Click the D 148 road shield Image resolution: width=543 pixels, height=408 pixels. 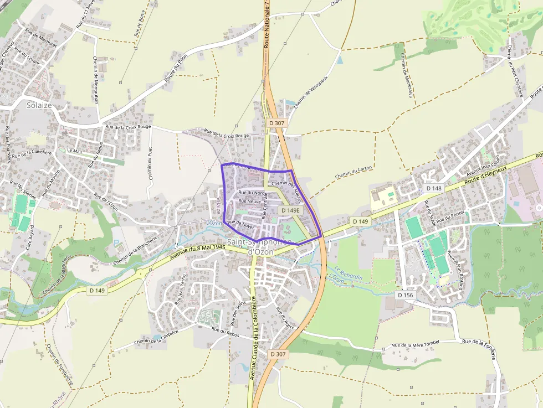tap(434, 188)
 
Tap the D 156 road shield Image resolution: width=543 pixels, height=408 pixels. tap(405, 295)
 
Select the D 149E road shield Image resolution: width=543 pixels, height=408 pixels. tap(290, 210)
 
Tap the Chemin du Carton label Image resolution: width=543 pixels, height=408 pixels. tap(354, 172)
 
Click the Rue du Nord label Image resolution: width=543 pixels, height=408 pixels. tap(252, 193)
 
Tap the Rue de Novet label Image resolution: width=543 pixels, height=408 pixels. tap(240, 224)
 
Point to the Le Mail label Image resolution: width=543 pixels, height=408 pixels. tap(74, 150)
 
